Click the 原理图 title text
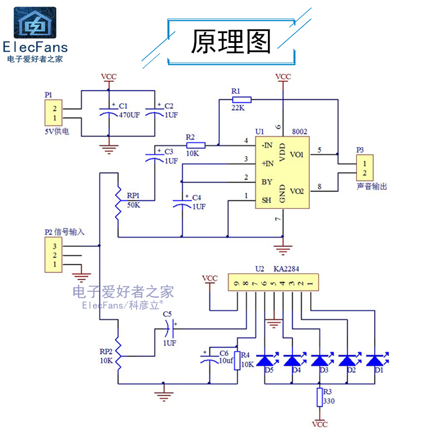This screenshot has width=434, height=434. (231, 41)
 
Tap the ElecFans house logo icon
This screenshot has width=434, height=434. (35, 23)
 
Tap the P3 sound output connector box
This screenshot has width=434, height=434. (365, 168)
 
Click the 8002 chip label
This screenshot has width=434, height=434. (298, 132)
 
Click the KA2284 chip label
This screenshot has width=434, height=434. (287, 269)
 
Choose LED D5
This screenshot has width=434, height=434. (265, 360)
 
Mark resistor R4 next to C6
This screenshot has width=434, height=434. (237, 360)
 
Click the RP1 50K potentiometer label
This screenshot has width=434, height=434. (133, 196)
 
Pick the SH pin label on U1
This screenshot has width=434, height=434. (266, 200)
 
